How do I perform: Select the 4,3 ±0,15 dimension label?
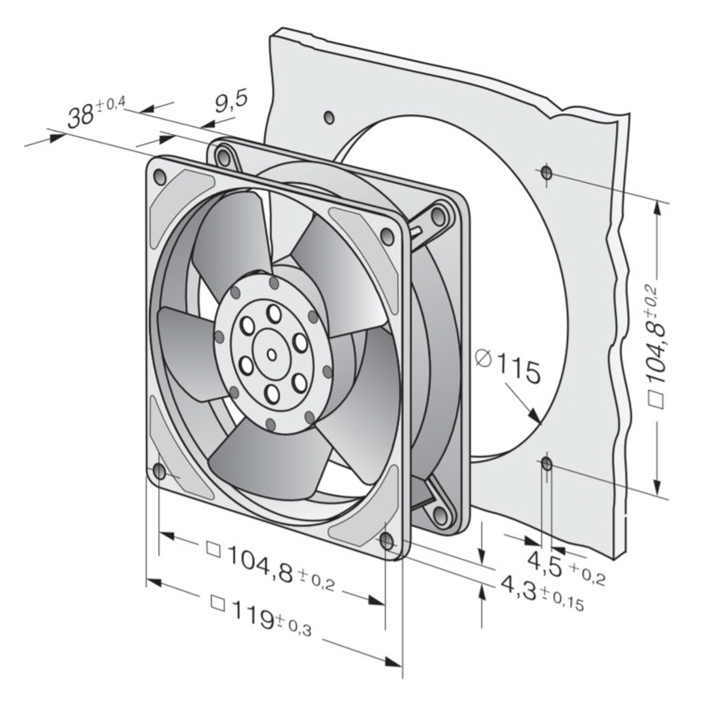tap(541, 594)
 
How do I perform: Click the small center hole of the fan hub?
tap(272, 355)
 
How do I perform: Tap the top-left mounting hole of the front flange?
tap(160, 176)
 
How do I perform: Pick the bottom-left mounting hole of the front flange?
tap(159, 473)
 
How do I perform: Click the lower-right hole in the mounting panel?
tap(547, 463)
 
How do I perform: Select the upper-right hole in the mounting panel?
tap(546, 173)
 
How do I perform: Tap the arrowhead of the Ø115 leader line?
tap(537, 419)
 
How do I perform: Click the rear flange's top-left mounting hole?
tap(225, 158)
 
